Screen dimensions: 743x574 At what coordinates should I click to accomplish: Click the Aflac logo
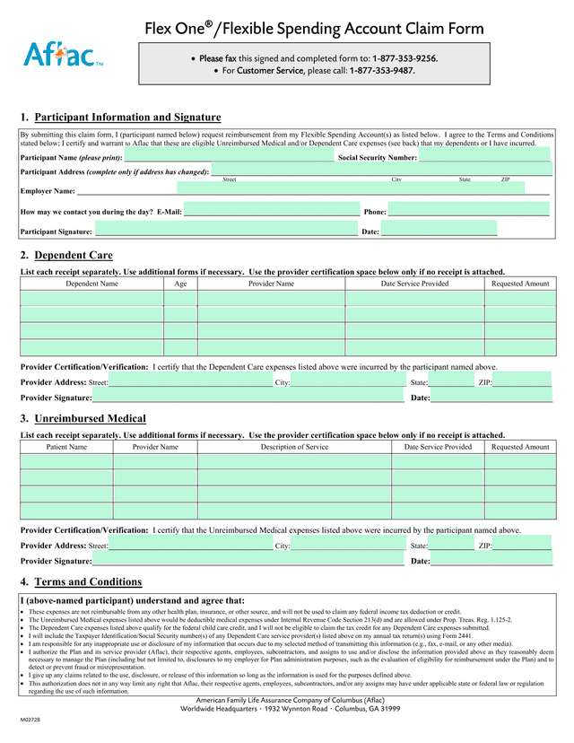pyautogui.click(x=63, y=57)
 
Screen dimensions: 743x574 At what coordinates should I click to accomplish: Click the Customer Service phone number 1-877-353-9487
pyautogui.click(x=382, y=70)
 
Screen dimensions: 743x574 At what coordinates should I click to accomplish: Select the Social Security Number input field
pyautogui.click(x=484, y=156)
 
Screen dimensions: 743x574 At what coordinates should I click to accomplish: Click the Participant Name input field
pyautogui.click(x=229, y=156)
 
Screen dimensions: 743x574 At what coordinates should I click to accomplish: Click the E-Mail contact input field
pyautogui.click(x=271, y=210)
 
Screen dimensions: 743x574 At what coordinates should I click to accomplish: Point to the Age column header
pyautogui.click(x=180, y=284)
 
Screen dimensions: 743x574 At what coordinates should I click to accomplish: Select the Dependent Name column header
pyautogui.click(x=91, y=284)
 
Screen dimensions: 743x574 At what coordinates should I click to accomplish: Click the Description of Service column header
pyautogui.click(x=294, y=446)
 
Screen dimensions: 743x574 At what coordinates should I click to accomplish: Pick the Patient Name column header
pyautogui.click(x=66, y=446)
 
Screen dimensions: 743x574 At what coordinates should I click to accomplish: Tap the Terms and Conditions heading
pyautogui.click(x=88, y=581)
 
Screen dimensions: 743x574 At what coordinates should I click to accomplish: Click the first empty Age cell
pyautogui.click(x=180, y=299)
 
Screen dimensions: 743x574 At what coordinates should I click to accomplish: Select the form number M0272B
pyautogui.click(x=33, y=721)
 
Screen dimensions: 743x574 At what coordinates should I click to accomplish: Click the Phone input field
pyautogui.click(x=468, y=210)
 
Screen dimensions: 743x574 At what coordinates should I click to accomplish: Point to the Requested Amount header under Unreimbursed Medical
pyautogui.click(x=520, y=446)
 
